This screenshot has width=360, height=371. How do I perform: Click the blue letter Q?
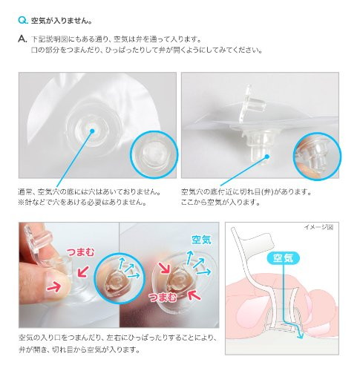coord(23,20)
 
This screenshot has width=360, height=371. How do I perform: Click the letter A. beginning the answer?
coord(22,39)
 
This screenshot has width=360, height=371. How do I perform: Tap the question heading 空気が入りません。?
coord(62,21)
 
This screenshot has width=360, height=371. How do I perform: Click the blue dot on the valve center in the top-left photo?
coord(92,131)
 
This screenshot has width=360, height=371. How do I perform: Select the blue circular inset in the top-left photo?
coord(154,154)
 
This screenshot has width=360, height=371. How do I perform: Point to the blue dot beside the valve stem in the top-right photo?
coord(267,156)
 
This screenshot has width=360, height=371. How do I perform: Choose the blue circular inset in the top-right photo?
coord(317,157)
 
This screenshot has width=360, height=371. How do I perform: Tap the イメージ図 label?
coord(318,227)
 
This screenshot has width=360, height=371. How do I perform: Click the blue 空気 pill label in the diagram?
coord(284,258)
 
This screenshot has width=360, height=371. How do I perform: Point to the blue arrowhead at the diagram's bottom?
coord(301,336)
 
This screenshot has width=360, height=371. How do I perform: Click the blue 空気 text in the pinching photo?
coord(201,240)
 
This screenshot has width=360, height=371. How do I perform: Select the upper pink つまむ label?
coord(80,252)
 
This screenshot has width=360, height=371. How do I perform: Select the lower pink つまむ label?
coord(163,297)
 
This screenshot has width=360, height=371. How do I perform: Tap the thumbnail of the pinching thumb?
coord(53,280)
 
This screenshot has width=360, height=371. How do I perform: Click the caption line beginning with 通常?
coord(90,191)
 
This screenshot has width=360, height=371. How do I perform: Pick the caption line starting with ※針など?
coord(82,203)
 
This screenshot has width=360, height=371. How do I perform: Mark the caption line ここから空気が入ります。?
coord(221,203)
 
